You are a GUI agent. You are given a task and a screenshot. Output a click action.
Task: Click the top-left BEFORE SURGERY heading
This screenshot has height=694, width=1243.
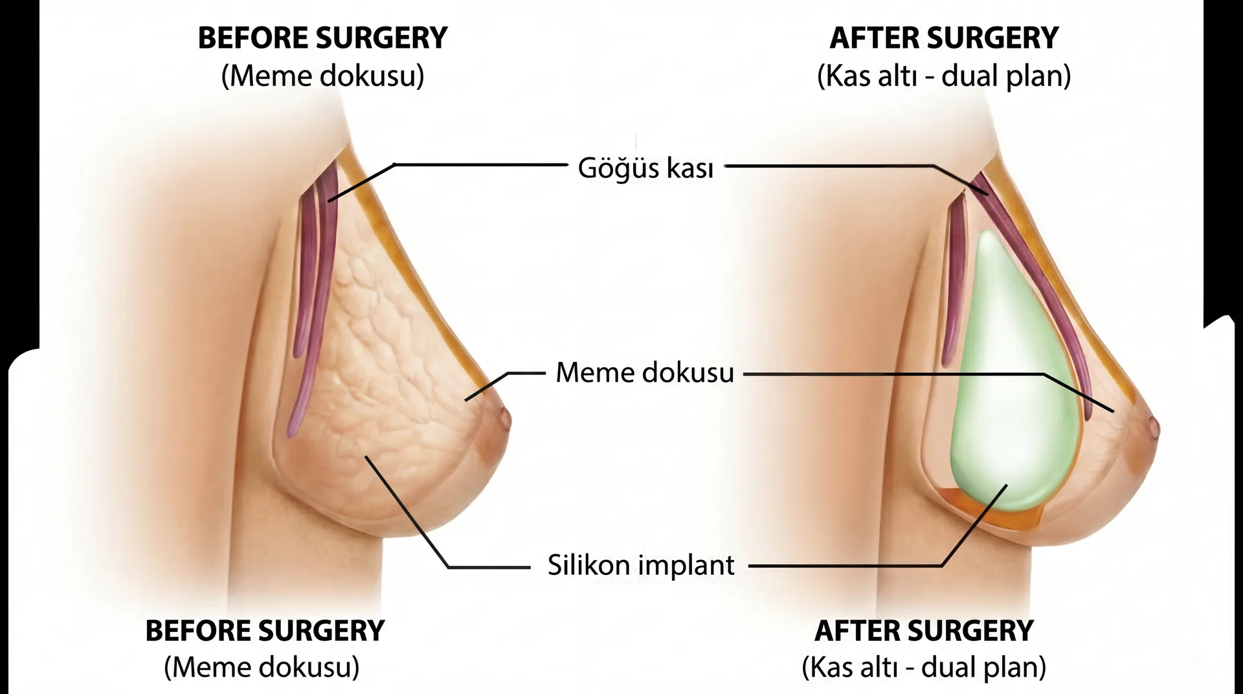322,38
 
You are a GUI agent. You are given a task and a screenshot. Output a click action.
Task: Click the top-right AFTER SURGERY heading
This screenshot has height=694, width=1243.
944,38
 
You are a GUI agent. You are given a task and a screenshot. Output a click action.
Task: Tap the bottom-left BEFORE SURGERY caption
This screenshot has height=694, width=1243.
265,631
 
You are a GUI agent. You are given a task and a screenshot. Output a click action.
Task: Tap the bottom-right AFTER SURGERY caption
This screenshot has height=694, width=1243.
924,631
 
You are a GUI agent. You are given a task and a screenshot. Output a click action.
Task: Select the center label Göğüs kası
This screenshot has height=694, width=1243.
645,168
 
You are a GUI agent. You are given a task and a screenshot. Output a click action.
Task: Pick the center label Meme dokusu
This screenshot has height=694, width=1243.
645,373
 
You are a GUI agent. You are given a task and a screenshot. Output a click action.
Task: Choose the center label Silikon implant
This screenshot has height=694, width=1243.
641,565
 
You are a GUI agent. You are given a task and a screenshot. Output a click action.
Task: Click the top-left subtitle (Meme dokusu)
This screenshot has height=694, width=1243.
322,76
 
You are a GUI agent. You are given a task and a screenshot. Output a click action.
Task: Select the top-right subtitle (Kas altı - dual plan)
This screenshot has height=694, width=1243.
944,76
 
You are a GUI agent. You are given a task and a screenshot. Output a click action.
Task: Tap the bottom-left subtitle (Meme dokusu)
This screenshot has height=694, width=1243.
262,667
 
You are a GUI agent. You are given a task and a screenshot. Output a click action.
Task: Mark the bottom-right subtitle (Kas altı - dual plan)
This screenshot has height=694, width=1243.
924,667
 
